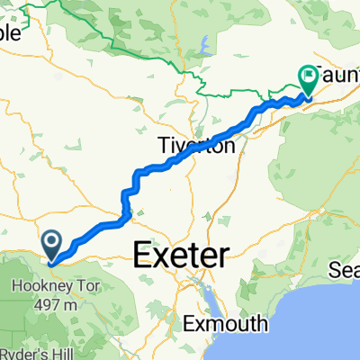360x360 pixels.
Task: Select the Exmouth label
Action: click(221, 322)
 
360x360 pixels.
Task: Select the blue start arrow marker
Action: click(52, 242)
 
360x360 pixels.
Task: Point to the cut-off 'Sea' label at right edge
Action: click(347, 269)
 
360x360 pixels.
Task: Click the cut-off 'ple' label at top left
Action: click(13, 32)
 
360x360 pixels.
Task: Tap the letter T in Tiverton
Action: click(162, 144)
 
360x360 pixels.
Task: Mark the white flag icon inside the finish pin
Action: click(308, 76)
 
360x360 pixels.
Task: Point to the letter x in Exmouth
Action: click(196, 322)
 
